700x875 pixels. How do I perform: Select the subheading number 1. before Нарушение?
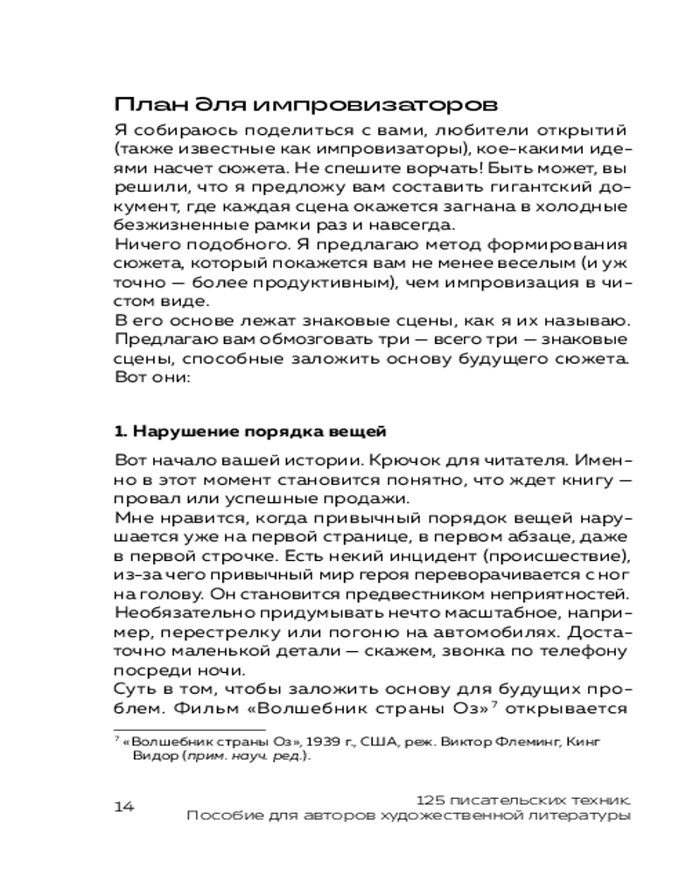click(122, 431)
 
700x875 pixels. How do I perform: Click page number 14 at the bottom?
click(124, 806)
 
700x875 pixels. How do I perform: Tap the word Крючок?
click(401, 460)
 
